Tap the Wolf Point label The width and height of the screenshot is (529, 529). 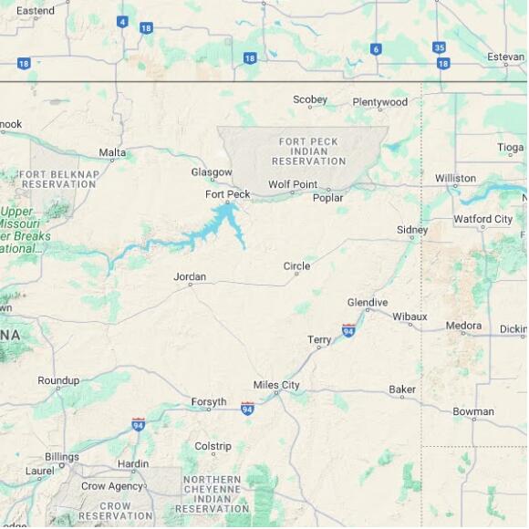[293, 185]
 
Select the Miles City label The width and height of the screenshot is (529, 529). [276, 386]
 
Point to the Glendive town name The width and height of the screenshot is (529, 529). [368, 303]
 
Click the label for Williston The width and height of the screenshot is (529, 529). [455, 179]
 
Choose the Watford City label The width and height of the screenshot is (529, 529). [483, 219]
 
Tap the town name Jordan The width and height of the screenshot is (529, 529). [190, 277]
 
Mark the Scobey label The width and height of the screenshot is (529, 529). [310, 100]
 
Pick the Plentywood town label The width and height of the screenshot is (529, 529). [380, 102]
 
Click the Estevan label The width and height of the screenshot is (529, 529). [506, 57]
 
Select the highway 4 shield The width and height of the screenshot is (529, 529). [122, 21]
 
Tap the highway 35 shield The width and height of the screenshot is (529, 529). [440, 47]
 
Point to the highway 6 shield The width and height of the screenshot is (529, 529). [376, 49]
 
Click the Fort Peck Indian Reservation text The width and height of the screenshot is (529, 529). [308, 151]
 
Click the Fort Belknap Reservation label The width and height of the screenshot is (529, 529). [58, 179]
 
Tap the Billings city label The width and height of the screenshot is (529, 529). [62, 457]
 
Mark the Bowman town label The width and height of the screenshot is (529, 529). [473, 412]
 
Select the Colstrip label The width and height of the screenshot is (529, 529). [213, 447]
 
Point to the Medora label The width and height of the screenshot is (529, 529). [463, 326]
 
